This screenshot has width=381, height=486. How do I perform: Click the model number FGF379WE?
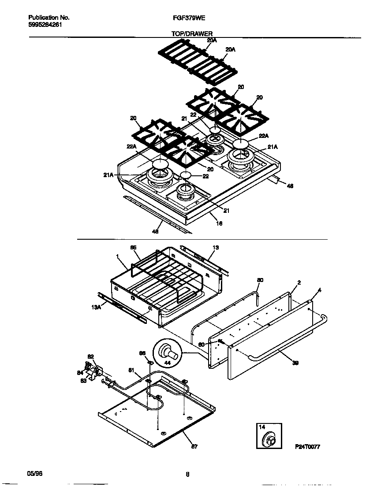coord(187,18)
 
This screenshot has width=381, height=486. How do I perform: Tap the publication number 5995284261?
coord(45,25)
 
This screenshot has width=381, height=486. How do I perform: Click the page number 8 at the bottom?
coord(187,475)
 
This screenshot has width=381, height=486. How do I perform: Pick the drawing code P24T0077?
coord(307,446)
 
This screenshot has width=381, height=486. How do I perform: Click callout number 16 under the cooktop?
coord(219,223)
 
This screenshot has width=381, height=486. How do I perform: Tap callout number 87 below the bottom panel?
coord(194,446)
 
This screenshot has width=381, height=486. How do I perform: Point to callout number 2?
coord(299,282)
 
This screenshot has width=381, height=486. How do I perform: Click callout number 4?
coord(320,290)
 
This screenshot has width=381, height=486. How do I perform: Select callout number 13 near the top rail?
coord(216,248)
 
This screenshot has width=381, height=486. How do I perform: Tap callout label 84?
coord(79,373)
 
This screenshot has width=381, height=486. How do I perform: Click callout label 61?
coord(131,370)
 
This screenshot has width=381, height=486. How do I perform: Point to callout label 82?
coord(90,356)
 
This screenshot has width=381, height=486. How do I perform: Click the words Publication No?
coord(49,18)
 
